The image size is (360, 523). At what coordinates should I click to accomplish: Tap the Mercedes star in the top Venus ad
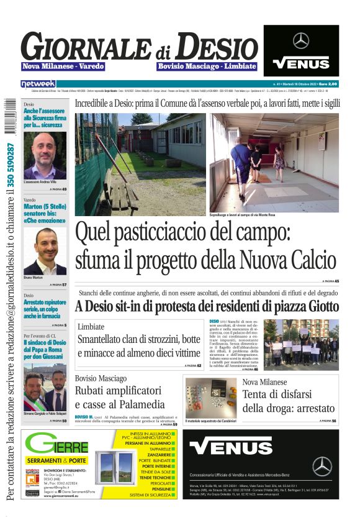(301, 41)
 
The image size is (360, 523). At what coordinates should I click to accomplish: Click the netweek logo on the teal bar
(38, 83)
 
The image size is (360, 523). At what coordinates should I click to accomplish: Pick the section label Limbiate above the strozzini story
(91, 327)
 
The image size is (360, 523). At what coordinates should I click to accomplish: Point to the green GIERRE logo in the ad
(57, 445)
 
